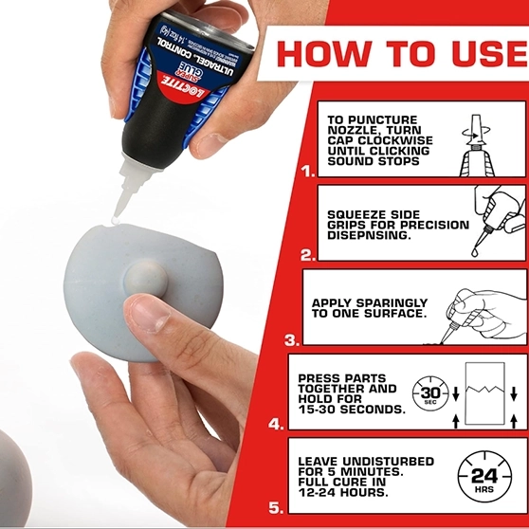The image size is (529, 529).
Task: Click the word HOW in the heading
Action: point(324,54)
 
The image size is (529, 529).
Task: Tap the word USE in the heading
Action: point(489,54)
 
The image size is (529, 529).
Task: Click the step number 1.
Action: point(308,172)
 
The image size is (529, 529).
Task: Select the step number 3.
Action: point(292,340)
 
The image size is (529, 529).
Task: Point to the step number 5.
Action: point(276,508)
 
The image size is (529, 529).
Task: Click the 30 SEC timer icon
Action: point(430,393)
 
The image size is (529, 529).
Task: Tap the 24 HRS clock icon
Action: point(484,476)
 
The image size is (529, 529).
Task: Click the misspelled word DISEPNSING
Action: point(369,235)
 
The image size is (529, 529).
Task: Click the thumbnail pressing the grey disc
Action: point(149,315)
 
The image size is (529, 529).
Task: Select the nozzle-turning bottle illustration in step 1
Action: point(477,146)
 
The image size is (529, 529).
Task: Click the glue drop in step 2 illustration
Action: point(475,252)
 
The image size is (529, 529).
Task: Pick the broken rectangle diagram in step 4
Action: point(484,393)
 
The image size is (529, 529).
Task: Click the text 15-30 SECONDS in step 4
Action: point(352,410)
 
